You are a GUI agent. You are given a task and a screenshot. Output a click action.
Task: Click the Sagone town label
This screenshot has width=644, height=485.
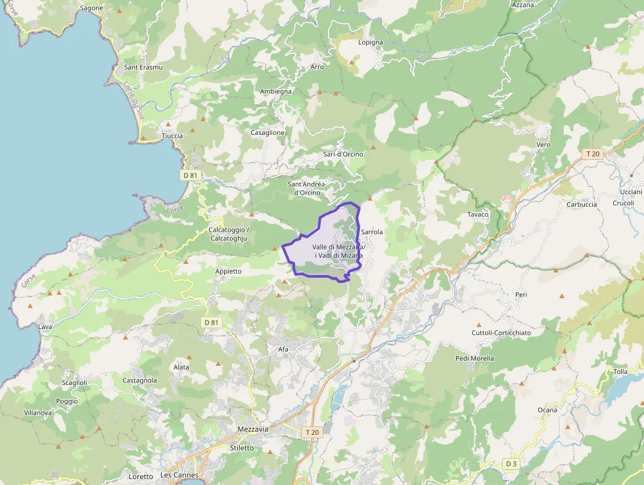coord(91,8)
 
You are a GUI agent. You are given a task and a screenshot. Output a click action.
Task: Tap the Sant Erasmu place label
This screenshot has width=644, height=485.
coord(143,67)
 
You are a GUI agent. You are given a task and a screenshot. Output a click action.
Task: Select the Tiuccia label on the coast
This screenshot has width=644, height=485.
coord(172,136)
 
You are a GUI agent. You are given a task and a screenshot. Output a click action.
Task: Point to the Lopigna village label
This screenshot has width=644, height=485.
coord(371,43)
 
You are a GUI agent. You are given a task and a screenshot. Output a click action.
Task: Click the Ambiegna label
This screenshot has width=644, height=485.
coord(276,91)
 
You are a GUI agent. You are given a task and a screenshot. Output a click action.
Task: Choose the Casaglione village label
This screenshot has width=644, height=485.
coord(267,132)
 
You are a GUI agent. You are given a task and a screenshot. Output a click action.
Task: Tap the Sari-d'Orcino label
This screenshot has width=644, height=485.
coord(343,154)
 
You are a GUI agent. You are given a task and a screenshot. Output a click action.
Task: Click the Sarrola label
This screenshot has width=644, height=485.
coord(372,232)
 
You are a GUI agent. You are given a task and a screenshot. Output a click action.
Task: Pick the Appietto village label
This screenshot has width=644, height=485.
coord(229,271)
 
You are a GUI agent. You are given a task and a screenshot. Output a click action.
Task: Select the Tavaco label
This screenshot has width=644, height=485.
coord(478,215)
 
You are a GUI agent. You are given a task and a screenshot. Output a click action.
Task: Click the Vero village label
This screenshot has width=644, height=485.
coord(543,144)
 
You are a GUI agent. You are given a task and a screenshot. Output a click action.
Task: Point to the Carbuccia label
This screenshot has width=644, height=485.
coord(582,204)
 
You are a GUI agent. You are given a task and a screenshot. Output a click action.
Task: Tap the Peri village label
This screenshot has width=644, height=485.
coord(522,295)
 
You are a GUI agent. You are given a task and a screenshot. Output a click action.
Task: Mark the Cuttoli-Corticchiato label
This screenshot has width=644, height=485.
coord(501,333)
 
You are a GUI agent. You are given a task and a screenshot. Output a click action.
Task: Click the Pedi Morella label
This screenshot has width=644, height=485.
coord(474,359)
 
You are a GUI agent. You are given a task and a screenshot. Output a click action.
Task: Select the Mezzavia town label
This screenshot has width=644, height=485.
coord(253,429)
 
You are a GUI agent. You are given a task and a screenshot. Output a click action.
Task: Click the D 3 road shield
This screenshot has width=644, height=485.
coord(512,464)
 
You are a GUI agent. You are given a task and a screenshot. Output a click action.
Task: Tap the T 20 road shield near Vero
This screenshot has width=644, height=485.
coord(593,154)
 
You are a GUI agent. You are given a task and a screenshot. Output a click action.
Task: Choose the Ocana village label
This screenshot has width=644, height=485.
coord(547,410)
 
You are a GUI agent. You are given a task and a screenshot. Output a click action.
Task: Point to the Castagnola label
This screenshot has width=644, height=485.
coord(140,380)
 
